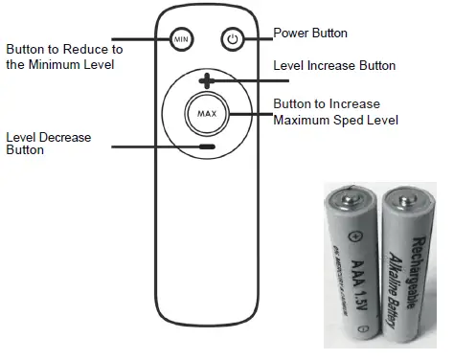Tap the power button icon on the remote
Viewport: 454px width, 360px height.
coord(231,39)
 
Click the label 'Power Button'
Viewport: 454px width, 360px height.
coord(310,34)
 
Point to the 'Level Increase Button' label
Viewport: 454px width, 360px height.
coord(334,66)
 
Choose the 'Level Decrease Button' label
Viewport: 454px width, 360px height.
coord(48,144)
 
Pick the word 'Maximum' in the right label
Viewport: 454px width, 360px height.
coord(300,120)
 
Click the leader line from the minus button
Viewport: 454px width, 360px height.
coord(153,146)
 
